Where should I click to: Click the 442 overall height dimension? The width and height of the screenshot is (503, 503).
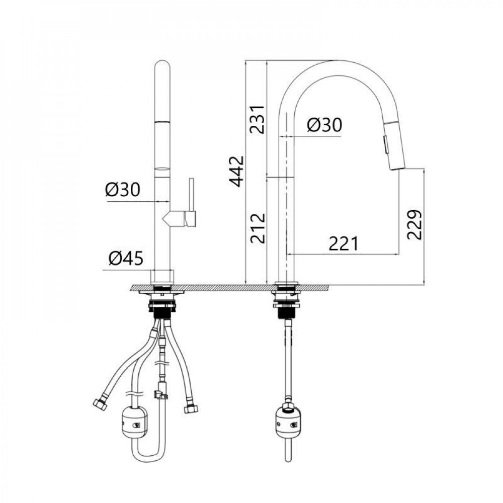pos(237,172)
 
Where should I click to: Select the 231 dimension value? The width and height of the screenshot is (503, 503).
pos(258,119)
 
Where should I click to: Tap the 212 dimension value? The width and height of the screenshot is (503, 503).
pos(258,228)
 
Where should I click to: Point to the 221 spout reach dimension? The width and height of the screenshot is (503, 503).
pos(343,244)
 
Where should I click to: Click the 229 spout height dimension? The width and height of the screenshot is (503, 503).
pos(414,224)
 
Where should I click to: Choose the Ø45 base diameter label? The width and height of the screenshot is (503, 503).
pos(126,258)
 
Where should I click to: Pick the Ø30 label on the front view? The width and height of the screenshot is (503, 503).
pos(123,190)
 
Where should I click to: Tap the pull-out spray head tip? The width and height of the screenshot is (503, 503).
pos(397,166)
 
